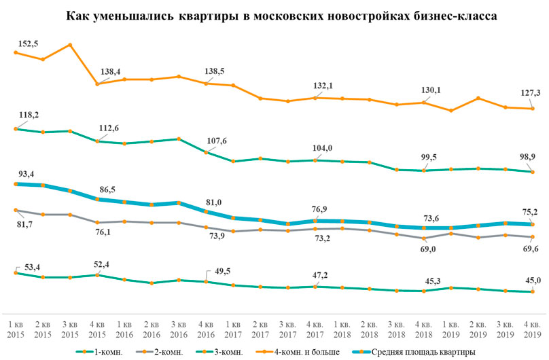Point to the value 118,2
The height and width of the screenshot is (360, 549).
click(x=28, y=115)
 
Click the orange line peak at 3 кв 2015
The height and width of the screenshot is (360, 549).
click(x=70, y=45)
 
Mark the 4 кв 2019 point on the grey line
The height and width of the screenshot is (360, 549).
click(x=533, y=237)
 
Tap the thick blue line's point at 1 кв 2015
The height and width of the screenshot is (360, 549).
click(x=16, y=183)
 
